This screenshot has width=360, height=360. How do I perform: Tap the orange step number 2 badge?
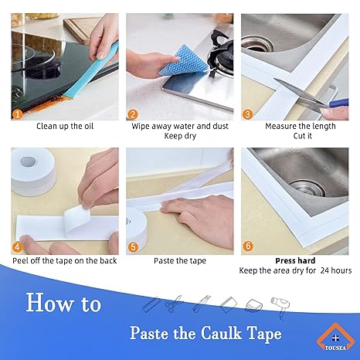133,115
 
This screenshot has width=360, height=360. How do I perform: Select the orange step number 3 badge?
248,115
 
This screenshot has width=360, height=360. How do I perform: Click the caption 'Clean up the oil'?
65,126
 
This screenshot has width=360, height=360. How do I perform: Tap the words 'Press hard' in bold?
294,260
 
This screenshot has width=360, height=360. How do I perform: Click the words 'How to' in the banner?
63,302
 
